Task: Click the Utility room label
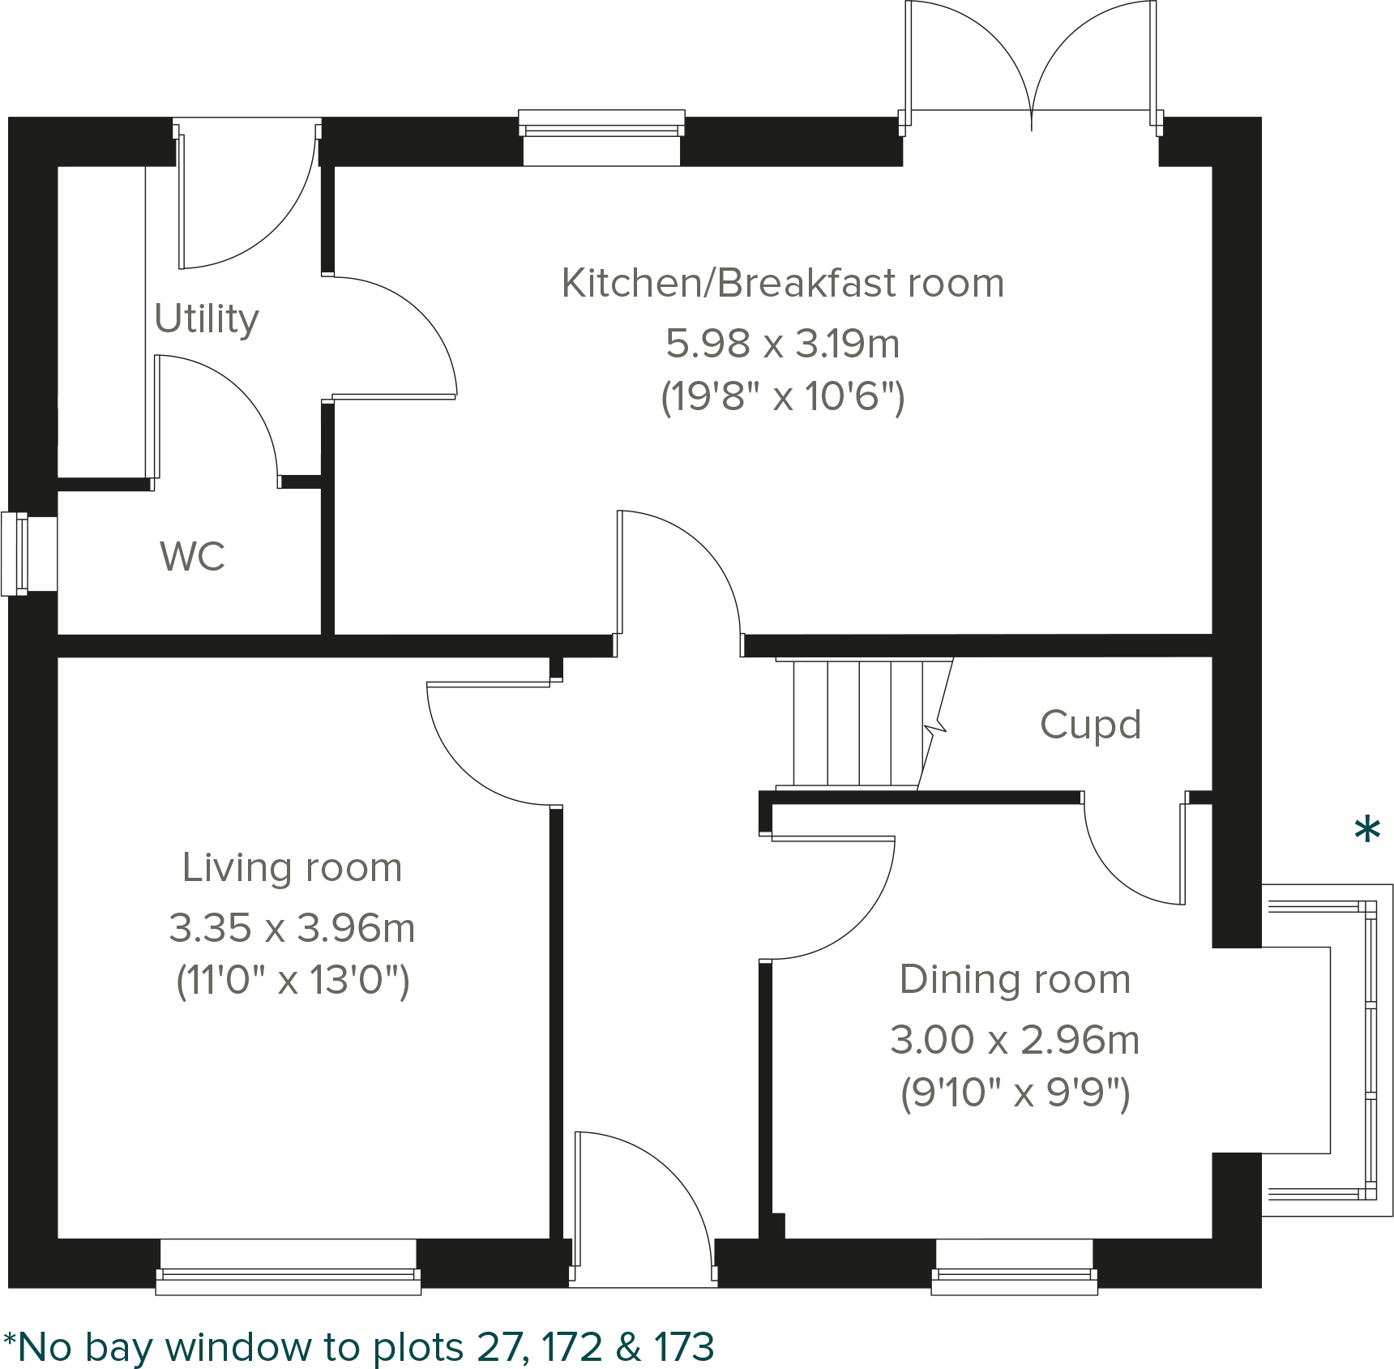(206, 319)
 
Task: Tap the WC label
(192, 556)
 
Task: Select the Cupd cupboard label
(1090, 725)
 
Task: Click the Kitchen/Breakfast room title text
(782, 283)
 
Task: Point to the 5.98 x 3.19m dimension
(782, 344)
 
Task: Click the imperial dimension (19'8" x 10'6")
(782, 397)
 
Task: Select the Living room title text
(292, 867)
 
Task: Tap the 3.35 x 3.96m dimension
(292, 928)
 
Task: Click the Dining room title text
(1015, 979)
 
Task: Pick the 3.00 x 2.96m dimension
(1015, 1040)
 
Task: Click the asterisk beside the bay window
(1367, 832)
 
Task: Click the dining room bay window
(1370, 1050)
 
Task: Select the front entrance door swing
(644, 1200)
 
